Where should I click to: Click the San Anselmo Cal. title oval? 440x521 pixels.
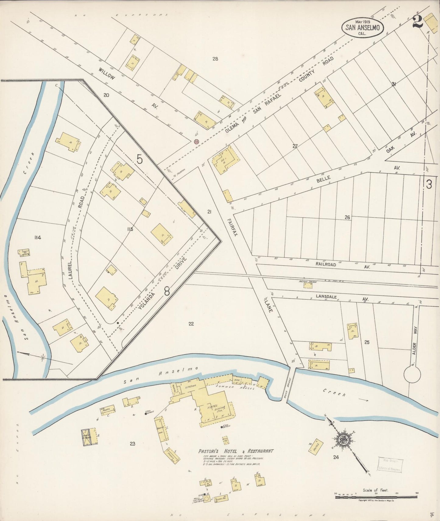(362, 27)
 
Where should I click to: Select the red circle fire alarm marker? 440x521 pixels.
(196, 141)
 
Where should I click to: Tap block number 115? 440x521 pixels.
(130, 229)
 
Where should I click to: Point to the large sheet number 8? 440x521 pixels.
(167, 291)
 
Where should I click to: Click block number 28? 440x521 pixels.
(215, 59)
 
